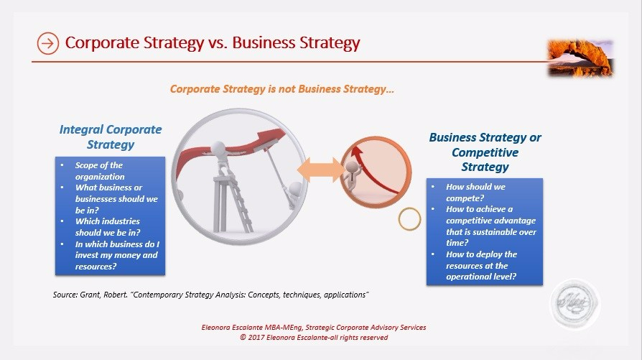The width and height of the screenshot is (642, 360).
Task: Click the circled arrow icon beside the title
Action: click(x=47, y=44)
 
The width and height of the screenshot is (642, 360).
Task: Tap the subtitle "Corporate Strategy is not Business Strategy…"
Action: click(x=282, y=90)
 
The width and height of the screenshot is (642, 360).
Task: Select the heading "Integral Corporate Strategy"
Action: click(x=111, y=137)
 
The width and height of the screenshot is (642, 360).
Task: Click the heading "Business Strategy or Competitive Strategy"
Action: click(x=485, y=152)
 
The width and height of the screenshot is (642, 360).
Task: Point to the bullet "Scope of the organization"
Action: click(x=100, y=171)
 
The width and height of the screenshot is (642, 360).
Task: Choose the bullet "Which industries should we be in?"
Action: click(x=108, y=226)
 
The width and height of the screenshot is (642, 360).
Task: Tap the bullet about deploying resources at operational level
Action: click(x=481, y=265)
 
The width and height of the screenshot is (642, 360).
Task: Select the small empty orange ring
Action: click(x=409, y=218)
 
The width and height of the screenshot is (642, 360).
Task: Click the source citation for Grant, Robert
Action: click(x=211, y=295)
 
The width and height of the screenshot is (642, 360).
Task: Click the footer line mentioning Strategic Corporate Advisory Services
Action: click(x=314, y=328)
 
